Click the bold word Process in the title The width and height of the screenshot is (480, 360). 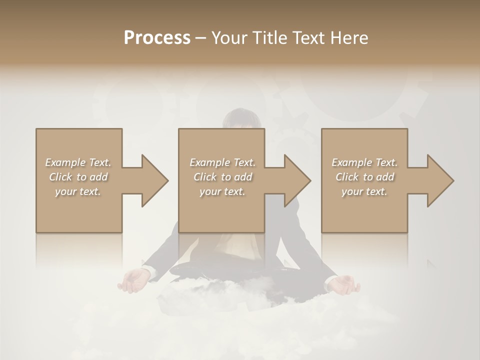pyautogui.click(x=157, y=38)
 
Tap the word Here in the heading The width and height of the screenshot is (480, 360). pyautogui.click(x=349, y=38)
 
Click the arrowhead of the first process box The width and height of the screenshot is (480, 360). pyautogui.click(x=155, y=180)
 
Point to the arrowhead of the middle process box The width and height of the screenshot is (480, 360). pyautogui.click(x=297, y=180)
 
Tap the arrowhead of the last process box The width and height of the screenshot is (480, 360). pyautogui.click(x=440, y=180)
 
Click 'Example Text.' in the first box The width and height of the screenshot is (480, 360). pyautogui.click(x=78, y=162)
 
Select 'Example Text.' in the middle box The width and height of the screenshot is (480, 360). pyautogui.click(x=222, y=162)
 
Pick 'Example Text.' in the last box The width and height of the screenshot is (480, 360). pyautogui.click(x=364, y=162)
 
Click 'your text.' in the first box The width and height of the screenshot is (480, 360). pyautogui.click(x=78, y=191)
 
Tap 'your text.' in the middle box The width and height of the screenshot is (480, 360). pyautogui.click(x=222, y=191)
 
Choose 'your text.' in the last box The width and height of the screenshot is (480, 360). pyautogui.click(x=364, y=191)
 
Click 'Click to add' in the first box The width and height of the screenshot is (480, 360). pyautogui.click(x=78, y=177)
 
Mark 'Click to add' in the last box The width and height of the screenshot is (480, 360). pyautogui.click(x=364, y=177)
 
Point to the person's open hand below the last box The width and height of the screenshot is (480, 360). pyautogui.click(x=344, y=285)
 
